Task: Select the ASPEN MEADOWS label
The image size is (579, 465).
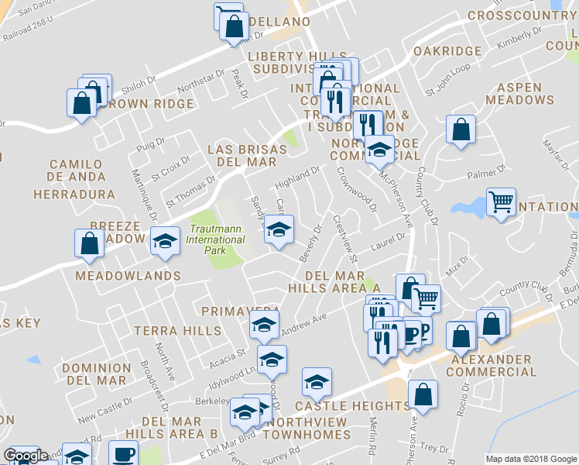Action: coord(519,94)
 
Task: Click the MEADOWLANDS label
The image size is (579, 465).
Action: coord(128,276)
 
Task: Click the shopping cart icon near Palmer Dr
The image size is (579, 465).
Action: coord(502,202)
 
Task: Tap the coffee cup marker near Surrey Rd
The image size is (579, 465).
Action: coord(123,453)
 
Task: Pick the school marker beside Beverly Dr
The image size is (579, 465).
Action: coord(279,230)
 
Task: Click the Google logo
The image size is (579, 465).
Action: coord(26,456)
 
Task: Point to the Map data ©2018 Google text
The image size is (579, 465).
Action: coord(530,459)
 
